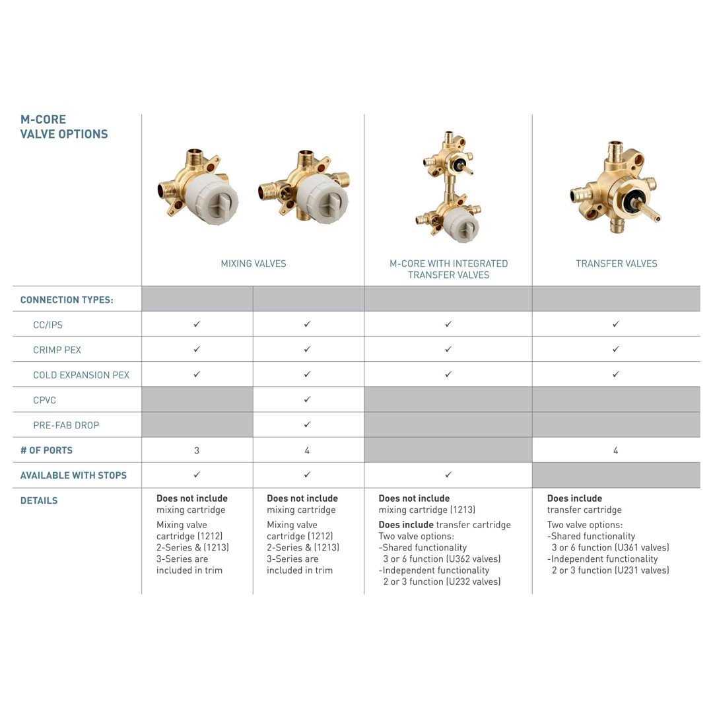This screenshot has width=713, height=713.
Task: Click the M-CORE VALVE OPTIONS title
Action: click(x=63, y=127)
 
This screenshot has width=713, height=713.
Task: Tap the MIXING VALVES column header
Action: click(x=254, y=263)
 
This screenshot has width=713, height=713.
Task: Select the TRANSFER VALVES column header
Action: click(x=616, y=263)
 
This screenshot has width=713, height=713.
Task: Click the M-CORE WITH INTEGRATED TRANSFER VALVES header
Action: click(x=448, y=269)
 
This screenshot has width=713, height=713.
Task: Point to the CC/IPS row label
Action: click(x=48, y=325)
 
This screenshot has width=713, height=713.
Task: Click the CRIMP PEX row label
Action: click(x=57, y=350)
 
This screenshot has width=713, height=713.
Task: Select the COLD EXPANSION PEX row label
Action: click(x=81, y=375)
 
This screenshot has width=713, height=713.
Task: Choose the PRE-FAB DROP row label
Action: click(x=66, y=425)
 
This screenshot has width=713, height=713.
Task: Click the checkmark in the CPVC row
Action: click(x=307, y=399)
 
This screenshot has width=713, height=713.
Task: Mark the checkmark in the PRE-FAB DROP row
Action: click(x=307, y=424)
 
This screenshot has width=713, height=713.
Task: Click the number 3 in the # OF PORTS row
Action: click(x=197, y=450)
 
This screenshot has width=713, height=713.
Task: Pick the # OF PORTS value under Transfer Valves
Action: click(x=615, y=450)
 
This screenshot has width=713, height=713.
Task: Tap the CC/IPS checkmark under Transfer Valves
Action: click(x=615, y=324)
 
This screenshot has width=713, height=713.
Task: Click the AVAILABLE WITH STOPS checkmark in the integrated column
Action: click(x=448, y=475)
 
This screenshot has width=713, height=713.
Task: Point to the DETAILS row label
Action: click(x=39, y=500)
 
